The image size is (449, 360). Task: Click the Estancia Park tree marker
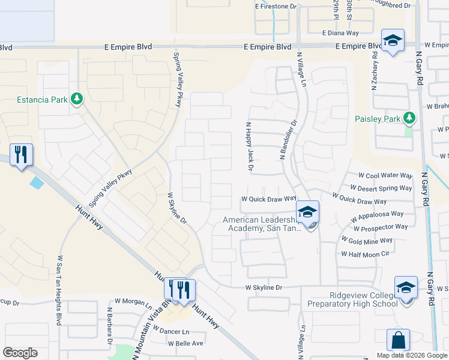[76, 98]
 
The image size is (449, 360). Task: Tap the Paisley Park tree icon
[409, 118]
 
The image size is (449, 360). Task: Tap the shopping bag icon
[398, 340]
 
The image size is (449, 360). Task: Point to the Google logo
[20, 353]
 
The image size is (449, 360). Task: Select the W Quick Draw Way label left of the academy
[269, 198]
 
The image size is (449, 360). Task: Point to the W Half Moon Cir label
[366, 254]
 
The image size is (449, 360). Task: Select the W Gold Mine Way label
[367, 240]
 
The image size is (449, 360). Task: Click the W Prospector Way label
[381, 227]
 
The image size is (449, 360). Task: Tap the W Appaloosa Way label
[382, 215]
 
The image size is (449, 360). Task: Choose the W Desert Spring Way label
[385, 188]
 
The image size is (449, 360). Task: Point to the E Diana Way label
[340, 34]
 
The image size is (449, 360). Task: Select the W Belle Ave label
[186, 344]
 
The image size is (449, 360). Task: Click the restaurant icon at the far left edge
[21, 155]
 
